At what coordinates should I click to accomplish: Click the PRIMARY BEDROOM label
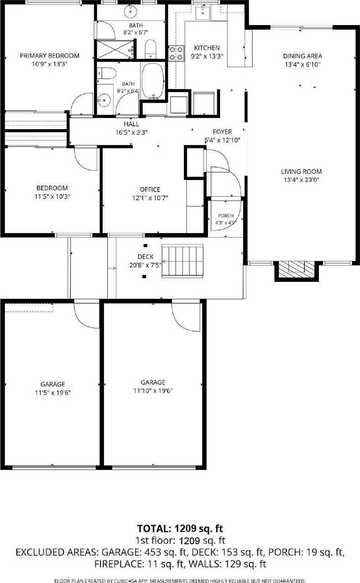(50, 56)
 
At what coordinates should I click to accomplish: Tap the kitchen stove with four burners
(176, 53)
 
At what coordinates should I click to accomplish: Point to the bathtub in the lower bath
(153, 80)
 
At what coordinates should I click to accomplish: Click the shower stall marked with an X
(115, 49)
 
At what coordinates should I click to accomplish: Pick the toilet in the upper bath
(151, 49)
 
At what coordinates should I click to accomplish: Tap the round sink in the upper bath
(130, 11)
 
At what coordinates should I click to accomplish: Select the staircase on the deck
(183, 261)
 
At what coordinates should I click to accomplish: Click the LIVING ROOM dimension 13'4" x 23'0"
(302, 180)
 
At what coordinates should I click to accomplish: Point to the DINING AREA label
(303, 56)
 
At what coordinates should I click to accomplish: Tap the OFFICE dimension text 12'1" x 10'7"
(150, 198)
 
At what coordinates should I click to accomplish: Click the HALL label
(131, 124)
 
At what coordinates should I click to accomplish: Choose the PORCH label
(226, 216)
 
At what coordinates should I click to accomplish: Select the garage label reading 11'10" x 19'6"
(153, 390)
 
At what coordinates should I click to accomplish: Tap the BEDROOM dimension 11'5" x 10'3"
(52, 197)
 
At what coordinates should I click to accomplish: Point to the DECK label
(146, 257)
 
